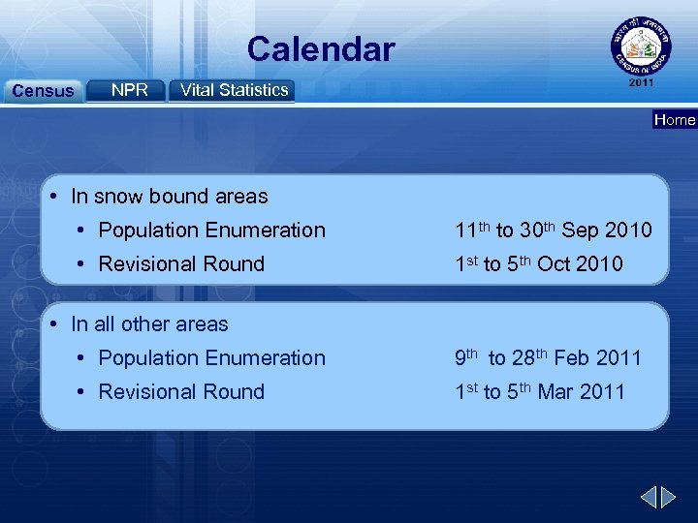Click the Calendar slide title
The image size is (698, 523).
[x=320, y=48]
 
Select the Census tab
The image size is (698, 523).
[x=41, y=91]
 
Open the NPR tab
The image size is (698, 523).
[x=129, y=90]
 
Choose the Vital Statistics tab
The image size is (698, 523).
[x=234, y=90]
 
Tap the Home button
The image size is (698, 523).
[x=675, y=120]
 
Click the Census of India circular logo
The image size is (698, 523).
[x=640, y=46]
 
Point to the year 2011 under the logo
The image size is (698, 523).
[x=641, y=83]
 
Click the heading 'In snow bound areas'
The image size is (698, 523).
[x=169, y=197]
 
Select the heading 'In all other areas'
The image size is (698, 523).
[x=149, y=324]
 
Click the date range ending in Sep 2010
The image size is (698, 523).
[x=554, y=231]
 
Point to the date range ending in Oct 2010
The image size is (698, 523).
[x=539, y=264]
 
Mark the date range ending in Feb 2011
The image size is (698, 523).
[x=548, y=358]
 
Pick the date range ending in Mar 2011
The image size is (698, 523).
[x=540, y=392]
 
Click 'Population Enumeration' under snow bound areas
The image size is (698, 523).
[x=211, y=231]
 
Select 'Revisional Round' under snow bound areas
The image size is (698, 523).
[x=181, y=264]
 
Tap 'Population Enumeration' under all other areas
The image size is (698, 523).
[x=211, y=358]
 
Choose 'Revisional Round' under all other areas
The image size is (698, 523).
[x=181, y=392]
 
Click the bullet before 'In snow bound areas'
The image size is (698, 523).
[x=58, y=197]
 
